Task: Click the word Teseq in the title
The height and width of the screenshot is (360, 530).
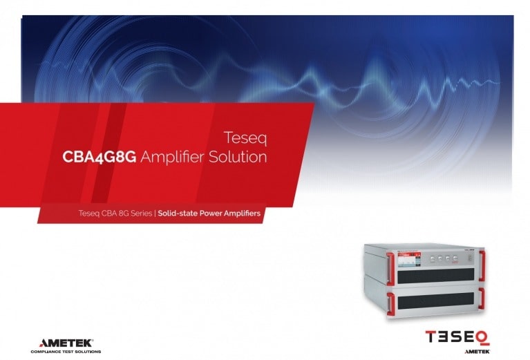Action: [246, 138]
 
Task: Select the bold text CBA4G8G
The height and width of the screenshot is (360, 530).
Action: [99, 157]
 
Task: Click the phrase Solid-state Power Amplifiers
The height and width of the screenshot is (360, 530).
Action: [209, 214]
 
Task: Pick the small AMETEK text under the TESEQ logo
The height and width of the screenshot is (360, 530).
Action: [476, 351]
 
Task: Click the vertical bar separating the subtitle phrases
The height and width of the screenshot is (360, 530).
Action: [154, 214]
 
